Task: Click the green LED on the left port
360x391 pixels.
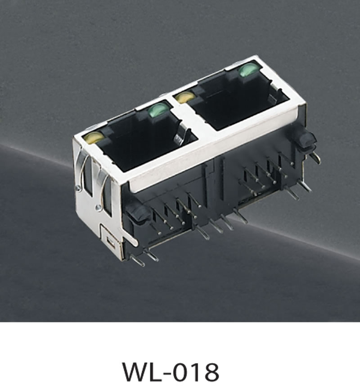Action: (158, 111)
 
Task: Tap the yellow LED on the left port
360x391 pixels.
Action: (94, 137)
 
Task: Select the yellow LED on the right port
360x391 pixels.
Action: (185, 97)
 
